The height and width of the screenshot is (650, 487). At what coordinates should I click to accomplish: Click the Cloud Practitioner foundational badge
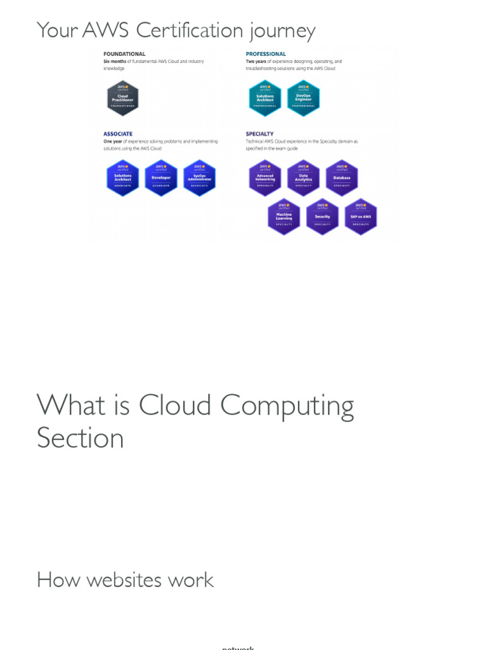pos(122,98)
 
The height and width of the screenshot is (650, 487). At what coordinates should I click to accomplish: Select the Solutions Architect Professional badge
pos(265,98)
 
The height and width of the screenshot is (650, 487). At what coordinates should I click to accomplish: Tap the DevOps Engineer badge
pos(303,98)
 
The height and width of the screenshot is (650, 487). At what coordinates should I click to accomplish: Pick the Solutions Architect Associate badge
pos(122,178)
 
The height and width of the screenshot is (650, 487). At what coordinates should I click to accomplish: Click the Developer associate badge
pos(161,178)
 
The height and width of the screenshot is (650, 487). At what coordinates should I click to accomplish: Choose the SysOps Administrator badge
pos(200,178)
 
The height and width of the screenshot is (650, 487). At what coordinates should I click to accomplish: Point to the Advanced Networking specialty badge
pos(265,178)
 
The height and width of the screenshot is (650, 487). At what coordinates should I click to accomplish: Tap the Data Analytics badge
pos(303,178)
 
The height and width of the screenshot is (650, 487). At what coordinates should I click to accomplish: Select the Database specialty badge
pos(342,178)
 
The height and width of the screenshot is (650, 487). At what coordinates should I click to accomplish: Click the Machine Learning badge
pos(284,216)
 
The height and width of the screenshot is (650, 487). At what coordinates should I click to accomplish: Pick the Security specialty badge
pos(322,216)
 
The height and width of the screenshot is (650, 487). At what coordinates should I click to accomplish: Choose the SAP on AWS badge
pos(361,216)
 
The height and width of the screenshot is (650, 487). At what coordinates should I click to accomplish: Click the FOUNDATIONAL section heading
pos(124,54)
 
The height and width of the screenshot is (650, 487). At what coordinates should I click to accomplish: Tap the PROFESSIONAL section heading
pos(266,54)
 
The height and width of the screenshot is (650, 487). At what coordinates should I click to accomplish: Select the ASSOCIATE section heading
pos(118,134)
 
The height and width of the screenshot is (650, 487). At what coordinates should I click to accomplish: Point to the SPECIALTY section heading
pos(260,134)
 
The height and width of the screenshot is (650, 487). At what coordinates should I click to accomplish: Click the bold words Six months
pos(115,62)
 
